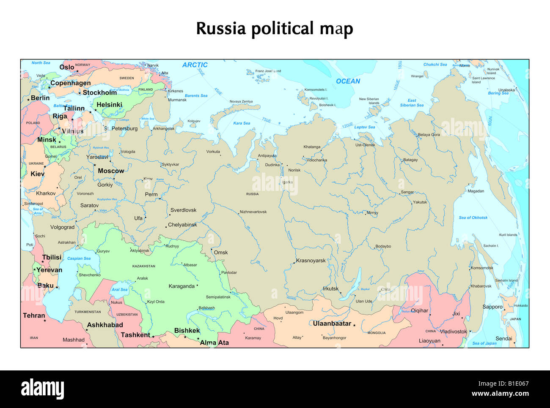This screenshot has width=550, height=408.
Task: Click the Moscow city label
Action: tap(111, 171)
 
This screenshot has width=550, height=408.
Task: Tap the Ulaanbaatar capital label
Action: tap(332, 324)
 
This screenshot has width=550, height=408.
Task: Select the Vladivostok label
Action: tap(453, 332)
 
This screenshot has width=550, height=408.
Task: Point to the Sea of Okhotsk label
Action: tap(473, 218)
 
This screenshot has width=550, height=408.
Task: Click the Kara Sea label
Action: tap(242, 123)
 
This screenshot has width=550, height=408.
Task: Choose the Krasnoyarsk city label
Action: tap(311, 261)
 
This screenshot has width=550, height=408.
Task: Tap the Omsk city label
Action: tap(220, 253)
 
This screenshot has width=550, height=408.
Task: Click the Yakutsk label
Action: tap(420, 202)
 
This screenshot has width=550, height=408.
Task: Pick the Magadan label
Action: tap(476, 191)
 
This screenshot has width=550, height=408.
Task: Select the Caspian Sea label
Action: tap(79, 258)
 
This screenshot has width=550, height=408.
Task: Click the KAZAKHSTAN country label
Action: tap(144, 267)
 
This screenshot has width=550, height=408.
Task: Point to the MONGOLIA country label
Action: tap(376, 333)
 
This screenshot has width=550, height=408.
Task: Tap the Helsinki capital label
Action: tap(109, 105)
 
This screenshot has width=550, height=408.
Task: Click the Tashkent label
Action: tap(135, 335)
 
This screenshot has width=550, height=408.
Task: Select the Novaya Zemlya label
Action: tap(241, 102)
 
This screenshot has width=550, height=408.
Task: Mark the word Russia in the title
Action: tap(221, 29)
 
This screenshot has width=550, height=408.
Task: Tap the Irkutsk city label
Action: tap(330, 289)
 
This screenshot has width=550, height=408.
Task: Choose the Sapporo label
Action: tap(492, 307)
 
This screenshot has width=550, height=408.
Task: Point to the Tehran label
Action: tap(34, 316)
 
